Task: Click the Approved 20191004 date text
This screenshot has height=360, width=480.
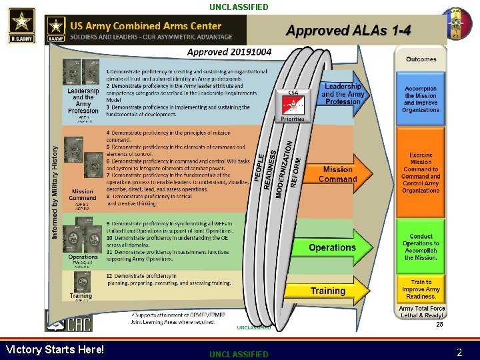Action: [229, 52]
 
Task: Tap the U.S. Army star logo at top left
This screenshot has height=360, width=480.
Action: [21, 24]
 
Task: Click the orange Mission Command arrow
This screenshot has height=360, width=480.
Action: [339, 174]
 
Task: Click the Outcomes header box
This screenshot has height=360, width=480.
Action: [421, 59]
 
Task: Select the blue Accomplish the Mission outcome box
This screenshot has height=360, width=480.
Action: [421, 99]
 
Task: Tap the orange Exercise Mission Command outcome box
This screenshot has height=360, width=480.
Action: [421, 173]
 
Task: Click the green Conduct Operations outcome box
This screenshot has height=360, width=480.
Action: [421, 247]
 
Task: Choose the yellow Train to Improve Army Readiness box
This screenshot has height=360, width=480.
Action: [421, 289]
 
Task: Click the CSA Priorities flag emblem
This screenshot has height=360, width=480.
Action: [293, 105]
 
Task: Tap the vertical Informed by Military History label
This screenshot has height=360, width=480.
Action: [55, 193]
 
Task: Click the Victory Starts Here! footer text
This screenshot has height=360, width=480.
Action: [55, 349]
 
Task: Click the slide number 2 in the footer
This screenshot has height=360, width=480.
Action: [459, 352]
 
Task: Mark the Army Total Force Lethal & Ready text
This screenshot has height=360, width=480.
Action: [421, 312]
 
